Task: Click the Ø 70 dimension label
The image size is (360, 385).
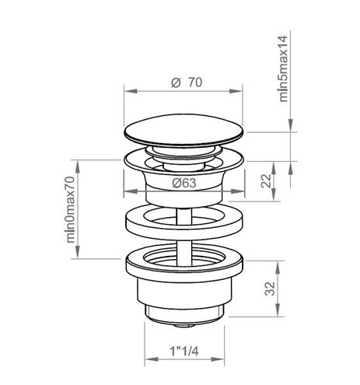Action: pyautogui.click(x=187, y=82)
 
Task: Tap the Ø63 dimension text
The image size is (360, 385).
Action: pyautogui.click(x=184, y=184)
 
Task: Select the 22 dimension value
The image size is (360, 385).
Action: pyautogui.click(x=266, y=180)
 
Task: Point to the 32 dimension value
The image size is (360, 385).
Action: pyautogui.click(x=270, y=289)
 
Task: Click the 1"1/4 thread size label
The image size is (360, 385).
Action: pyautogui.click(x=184, y=352)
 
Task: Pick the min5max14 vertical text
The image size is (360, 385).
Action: pyautogui.click(x=283, y=68)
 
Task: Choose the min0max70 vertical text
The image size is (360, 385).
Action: pyautogui.click(x=70, y=209)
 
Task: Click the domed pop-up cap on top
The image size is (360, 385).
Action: pyautogui.click(x=184, y=131)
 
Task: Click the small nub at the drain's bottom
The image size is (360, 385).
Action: pyautogui.click(x=184, y=325)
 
